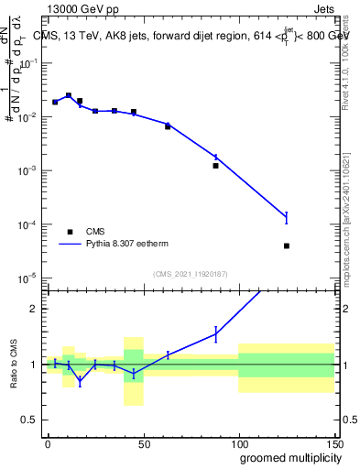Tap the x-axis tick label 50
(x=143, y=442)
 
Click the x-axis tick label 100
(x=238, y=442)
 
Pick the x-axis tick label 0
(x=48, y=442)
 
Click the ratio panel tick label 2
(x=34, y=309)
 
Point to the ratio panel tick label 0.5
(x=30, y=420)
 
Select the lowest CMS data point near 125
(x=287, y=245)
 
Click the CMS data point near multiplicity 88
(x=215, y=166)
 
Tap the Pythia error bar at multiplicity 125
(x=287, y=217)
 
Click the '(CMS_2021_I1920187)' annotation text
(x=191, y=273)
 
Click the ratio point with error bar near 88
(x=215, y=334)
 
